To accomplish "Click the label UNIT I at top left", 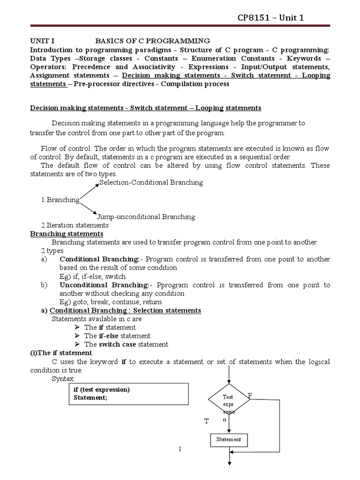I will (43, 41).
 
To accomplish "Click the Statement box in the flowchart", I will (228, 440).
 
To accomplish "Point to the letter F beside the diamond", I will (250, 397).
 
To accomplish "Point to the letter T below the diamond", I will (206, 421).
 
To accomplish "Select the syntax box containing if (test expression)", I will (129, 394).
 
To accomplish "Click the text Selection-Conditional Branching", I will (151, 183).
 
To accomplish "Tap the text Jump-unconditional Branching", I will (146, 217).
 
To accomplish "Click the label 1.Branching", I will (60, 200).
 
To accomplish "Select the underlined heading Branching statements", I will (67, 234).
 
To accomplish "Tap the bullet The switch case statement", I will (126, 345).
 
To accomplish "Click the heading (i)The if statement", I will (61, 353).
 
